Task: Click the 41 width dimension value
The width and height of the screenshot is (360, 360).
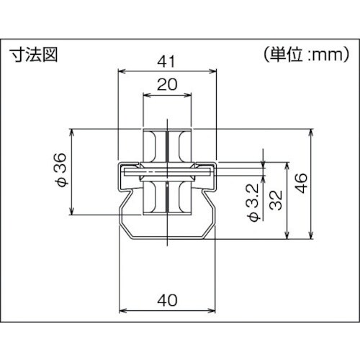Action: (x=166, y=62)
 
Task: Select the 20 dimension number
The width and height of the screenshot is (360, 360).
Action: (x=167, y=84)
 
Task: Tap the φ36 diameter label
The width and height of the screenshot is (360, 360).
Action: (x=60, y=170)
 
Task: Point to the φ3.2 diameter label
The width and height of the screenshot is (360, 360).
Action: (x=253, y=202)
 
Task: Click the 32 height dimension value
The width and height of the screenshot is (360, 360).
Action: (x=276, y=200)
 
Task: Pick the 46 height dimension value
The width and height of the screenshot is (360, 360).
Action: (x=301, y=183)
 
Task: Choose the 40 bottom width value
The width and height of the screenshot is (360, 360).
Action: (x=167, y=300)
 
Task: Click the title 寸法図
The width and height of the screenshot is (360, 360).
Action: (x=35, y=55)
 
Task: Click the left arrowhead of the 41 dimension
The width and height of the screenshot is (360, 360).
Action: (x=122, y=71)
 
